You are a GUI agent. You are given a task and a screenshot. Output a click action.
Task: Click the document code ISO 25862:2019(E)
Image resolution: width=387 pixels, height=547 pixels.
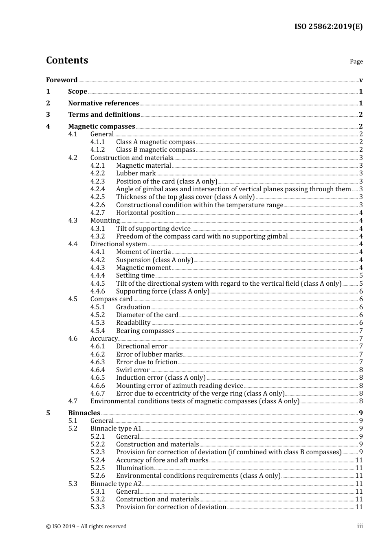click(328, 26)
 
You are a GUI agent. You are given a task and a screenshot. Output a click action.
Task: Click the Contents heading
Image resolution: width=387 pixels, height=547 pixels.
click(67, 60)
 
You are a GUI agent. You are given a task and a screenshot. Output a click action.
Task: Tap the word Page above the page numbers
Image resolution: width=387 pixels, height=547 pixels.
click(356, 61)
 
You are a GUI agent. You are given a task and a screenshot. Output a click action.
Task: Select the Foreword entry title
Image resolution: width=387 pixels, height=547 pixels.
click(62, 80)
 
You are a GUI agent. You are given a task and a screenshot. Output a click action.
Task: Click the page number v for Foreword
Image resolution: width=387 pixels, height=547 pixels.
click(361, 80)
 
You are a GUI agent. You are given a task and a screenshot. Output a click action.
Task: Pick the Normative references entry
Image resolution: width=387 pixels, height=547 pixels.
click(103, 103)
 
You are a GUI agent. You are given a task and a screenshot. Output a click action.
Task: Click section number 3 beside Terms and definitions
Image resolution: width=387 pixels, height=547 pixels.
click(48, 115)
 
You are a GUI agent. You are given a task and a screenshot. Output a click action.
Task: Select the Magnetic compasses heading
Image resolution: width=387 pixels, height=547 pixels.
click(101, 127)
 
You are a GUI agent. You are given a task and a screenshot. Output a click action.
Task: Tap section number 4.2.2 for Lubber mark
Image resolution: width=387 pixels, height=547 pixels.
click(97, 173)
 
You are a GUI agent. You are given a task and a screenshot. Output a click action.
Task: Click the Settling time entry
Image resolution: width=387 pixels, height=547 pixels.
click(135, 276)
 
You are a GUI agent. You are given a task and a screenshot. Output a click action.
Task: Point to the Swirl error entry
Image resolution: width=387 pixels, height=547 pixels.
click(133, 370)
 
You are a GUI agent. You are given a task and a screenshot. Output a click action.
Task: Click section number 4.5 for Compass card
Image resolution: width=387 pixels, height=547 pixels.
click(73, 299)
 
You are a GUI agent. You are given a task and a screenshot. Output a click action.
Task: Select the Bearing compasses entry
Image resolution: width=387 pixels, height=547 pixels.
click(145, 331)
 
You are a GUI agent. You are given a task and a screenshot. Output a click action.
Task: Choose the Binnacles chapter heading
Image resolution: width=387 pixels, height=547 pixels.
click(84, 413)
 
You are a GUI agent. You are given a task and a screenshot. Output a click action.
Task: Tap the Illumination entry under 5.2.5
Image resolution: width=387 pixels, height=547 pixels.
click(135, 468)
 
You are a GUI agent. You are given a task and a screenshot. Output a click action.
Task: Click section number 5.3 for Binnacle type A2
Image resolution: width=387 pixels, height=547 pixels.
click(73, 484)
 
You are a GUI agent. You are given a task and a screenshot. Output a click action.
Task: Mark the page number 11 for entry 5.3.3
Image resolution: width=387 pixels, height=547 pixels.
click(359, 507)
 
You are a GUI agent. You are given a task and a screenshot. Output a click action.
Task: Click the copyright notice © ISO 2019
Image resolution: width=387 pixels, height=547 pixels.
click(86, 527)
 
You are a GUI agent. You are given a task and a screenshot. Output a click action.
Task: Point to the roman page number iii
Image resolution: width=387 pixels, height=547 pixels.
click(360, 526)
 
